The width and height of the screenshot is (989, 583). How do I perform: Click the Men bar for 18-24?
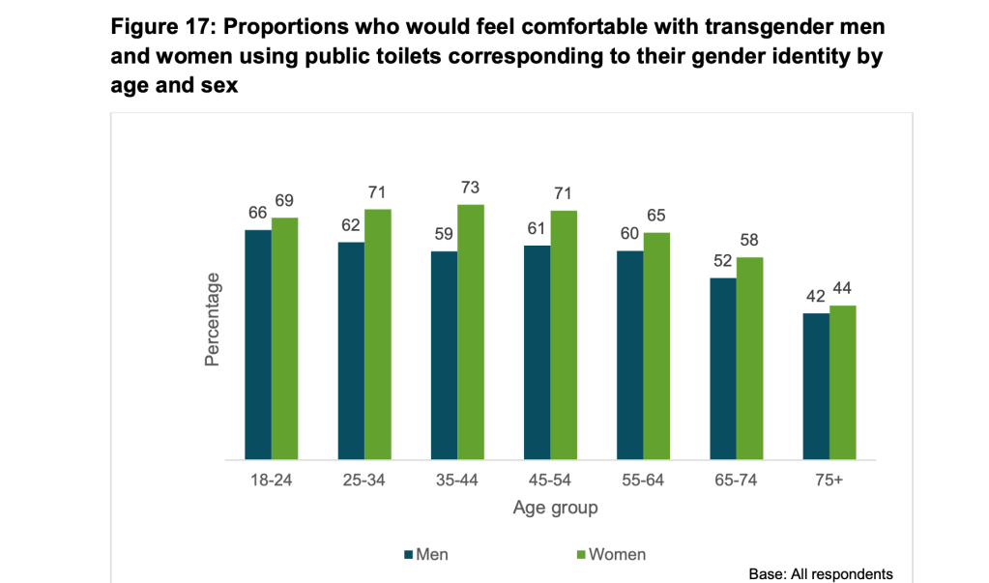click(257, 344)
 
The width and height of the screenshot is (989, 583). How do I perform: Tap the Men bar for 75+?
click(816, 386)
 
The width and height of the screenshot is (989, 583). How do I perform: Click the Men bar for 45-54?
click(537, 352)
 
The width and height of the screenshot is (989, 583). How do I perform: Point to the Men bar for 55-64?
click(630, 355)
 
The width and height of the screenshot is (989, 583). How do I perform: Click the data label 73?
click(471, 188)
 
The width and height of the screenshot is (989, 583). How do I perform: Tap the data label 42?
click(816, 297)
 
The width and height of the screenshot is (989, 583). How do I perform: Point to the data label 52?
click(723, 262)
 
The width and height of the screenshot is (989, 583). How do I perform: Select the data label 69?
click(284, 201)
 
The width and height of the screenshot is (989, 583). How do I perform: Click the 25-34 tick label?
click(364, 481)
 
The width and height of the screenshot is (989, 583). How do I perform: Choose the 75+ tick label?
click(829, 481)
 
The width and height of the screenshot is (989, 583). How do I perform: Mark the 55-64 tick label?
click(644, 481)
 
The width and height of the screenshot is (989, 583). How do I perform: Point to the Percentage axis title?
click(213, 318)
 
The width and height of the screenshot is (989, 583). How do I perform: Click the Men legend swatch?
click(407, 555)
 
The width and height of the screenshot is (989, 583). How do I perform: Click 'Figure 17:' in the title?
click(163, 26)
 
